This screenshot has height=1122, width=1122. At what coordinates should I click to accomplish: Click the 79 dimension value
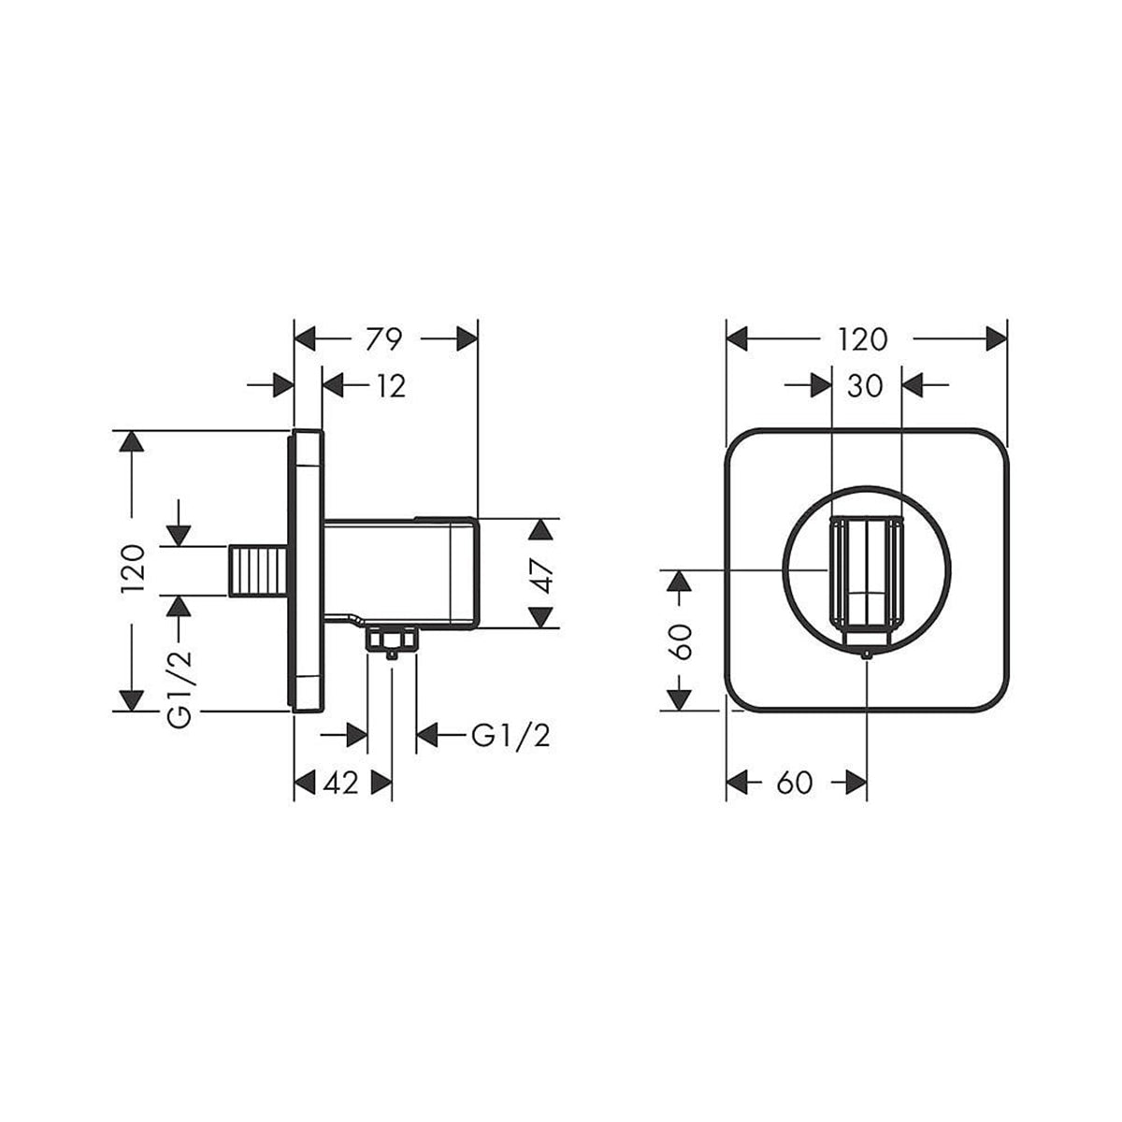point(384,338)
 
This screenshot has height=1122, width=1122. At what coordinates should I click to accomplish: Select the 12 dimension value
point(392,385)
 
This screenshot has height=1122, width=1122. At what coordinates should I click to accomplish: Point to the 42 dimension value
point(340,783)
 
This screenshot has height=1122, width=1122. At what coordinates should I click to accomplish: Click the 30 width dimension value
point(865,384)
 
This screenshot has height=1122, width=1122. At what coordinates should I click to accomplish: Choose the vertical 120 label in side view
point(133,568)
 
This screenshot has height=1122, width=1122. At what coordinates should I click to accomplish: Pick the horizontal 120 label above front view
point(863,338)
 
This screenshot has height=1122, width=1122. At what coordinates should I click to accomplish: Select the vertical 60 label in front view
point(682,642)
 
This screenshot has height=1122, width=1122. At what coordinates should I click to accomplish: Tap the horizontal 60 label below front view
point(794,783)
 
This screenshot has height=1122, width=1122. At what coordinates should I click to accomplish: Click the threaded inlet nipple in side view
point(257,569)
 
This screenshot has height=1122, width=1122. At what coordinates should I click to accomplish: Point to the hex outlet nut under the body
point(392,640)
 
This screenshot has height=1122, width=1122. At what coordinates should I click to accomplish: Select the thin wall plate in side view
point(308,570)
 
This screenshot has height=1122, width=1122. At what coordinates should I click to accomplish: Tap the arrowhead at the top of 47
point(540,530)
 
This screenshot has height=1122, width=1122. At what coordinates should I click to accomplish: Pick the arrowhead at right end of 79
point(467,338)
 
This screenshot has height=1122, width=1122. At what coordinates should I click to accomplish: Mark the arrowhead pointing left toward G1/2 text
point(428,736)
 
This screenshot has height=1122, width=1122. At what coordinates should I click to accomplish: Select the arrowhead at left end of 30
point(820,384)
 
